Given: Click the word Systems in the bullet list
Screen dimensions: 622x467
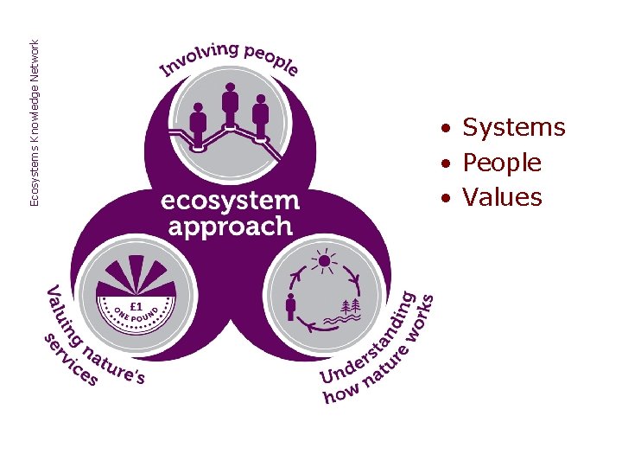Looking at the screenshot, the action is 513,128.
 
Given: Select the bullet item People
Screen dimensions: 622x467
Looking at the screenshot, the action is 502,163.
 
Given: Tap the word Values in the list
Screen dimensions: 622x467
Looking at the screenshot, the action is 502,197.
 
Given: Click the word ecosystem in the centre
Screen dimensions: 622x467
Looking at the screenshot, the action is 230,201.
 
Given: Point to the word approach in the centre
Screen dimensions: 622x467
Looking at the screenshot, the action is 230,227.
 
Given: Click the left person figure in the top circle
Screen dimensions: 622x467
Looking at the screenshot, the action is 199,124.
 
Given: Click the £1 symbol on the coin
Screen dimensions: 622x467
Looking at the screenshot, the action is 136,305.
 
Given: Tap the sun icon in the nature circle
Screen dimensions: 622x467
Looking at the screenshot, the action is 324,259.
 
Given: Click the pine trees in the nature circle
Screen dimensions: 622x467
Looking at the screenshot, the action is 353,306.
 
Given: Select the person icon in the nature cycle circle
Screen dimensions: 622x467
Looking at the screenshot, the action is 291,304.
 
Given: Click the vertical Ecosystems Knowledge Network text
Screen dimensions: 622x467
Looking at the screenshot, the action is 35,112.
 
